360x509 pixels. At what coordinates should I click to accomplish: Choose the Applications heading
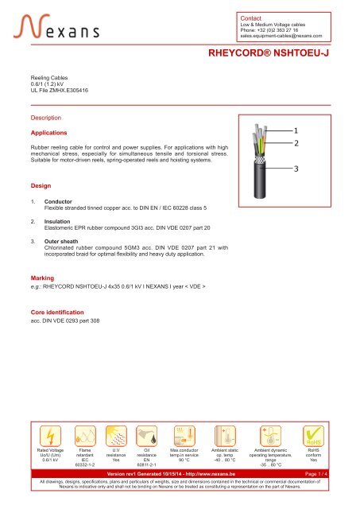click(48, 132)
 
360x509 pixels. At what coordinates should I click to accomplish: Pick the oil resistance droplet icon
click(146, 437)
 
